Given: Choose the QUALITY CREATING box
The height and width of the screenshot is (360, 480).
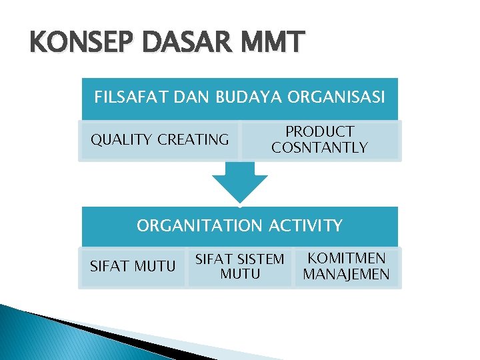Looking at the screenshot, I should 159,140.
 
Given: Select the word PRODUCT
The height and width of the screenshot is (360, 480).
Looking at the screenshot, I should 319,132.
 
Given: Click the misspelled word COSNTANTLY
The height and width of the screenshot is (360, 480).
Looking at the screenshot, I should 319,148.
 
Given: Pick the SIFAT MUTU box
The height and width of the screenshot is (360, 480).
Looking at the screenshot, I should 132,267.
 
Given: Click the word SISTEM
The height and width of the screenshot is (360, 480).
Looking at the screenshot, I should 261,259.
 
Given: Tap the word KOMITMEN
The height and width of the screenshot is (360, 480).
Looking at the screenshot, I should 346,259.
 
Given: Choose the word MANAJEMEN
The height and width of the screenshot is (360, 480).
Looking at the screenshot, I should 346,275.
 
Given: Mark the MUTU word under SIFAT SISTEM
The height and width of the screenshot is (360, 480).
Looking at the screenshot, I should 240,274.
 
